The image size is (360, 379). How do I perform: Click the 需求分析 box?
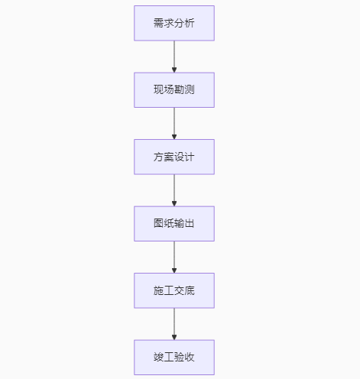(174, 23)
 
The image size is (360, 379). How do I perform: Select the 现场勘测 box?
(174, 90)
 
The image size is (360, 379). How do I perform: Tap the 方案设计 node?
(174, 157)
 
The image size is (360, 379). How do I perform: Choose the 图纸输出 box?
(174, 224)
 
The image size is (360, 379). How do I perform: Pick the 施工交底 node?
(174, 290)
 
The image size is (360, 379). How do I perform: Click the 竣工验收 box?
(174, 357)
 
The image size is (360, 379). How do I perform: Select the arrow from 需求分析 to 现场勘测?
(174, 55)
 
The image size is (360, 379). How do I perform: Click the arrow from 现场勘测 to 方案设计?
(174, 122)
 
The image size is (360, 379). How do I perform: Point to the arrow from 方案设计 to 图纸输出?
(174, 189)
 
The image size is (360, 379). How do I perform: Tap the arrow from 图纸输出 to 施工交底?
(174, 256)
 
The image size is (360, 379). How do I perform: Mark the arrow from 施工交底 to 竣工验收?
(174, 322)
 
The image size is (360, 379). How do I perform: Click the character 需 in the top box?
(159, 23)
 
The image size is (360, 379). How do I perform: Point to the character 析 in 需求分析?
(190, 23)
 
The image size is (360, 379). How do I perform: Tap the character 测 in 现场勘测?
(190, 90)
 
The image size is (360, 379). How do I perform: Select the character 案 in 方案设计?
(169, 157)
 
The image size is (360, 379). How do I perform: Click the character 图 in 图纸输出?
(159, 224)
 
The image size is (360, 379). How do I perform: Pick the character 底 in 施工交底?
(190, 290)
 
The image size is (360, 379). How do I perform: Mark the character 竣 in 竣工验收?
(159, 357)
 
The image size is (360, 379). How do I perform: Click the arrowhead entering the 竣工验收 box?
(174, 336)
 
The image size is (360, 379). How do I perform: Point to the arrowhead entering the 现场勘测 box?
(174, 69)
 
